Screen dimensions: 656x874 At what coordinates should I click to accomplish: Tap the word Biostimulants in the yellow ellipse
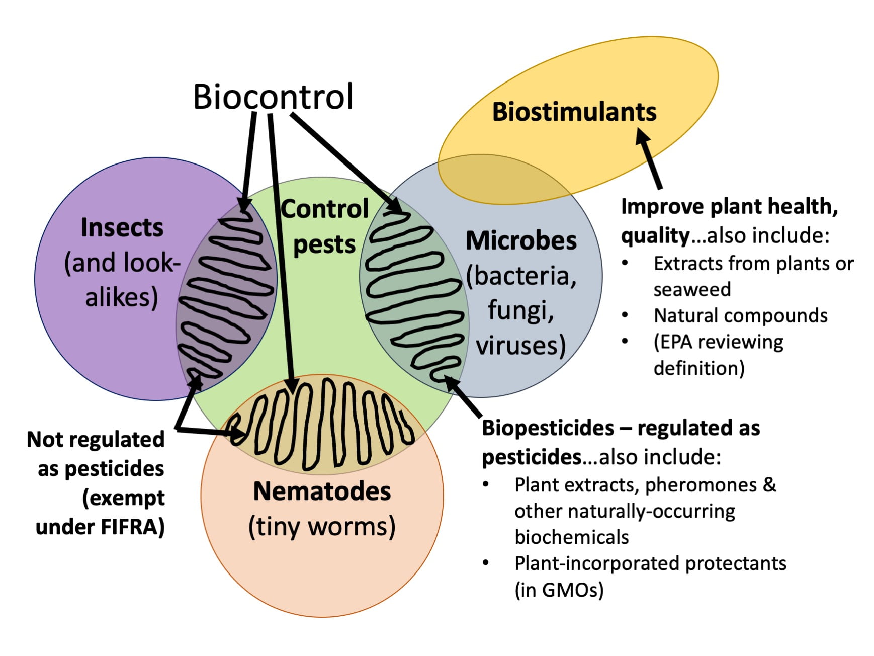point(574,112)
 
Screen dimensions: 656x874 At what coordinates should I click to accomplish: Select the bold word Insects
point(122,227)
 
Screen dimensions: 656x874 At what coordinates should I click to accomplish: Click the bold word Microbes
point(521,240)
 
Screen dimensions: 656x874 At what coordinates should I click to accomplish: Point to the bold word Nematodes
point(322,491)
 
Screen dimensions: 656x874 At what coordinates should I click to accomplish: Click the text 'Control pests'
point(324,226)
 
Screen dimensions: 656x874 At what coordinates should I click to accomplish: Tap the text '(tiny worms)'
point(322,527)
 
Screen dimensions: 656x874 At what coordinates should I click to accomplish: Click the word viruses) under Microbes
point(521,346)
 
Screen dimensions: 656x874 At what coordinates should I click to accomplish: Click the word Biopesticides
point(548,428)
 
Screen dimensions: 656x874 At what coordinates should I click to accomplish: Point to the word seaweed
point(692,290)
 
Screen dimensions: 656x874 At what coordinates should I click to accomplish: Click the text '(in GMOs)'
point(559,589)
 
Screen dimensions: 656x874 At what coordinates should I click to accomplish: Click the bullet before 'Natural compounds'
point(625,315)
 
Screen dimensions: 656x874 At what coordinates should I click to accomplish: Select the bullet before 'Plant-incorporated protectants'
point(486,563)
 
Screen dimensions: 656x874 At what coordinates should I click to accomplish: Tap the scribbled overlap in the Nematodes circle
point(322,425)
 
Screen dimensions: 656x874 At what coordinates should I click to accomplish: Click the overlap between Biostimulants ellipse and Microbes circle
point(498,179)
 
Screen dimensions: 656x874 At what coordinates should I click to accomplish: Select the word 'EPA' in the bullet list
point(677,342)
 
